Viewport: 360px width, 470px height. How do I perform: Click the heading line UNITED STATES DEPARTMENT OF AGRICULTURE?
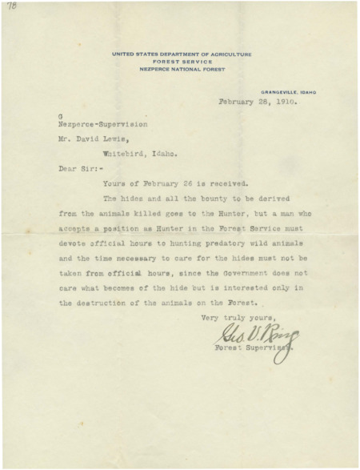click(182, 54)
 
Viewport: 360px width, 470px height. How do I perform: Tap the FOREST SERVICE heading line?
click(182, 62)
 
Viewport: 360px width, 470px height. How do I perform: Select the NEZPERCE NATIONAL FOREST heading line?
click(182, 70)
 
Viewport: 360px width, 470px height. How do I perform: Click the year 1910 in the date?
click(285, 102)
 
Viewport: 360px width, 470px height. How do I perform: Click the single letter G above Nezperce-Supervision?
click(60, 118)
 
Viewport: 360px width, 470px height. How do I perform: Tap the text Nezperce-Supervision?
click(95, 125)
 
